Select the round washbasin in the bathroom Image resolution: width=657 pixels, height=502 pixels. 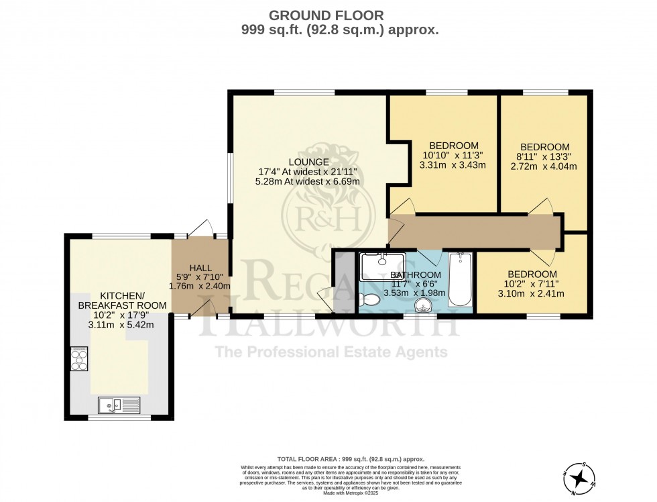pos(424,305)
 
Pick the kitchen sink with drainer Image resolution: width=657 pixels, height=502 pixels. pos(119,405)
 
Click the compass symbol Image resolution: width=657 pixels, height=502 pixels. pos(579,477)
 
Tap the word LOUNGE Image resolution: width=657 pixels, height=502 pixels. pos(308,162)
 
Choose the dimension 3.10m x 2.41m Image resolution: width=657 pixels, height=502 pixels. pos(532,294)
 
